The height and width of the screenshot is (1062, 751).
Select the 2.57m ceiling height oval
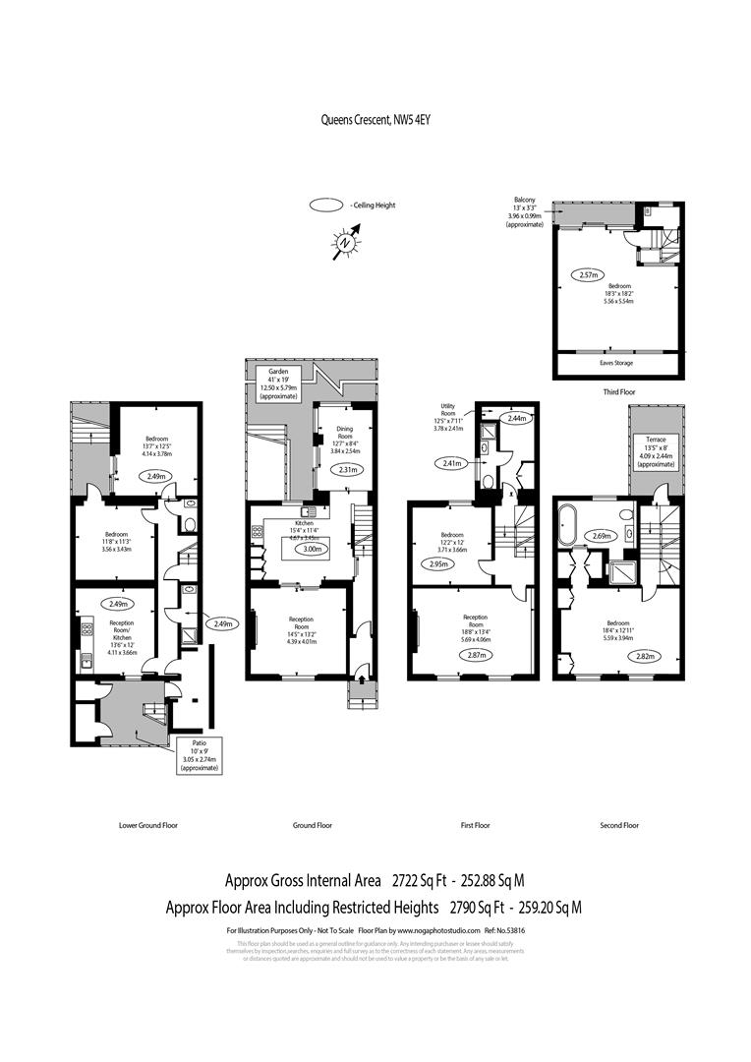[587, 275]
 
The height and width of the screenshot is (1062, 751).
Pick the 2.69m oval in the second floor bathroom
[602, 537]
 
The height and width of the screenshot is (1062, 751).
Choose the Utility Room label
[455, 416]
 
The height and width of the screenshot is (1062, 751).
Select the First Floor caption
[475, 825]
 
